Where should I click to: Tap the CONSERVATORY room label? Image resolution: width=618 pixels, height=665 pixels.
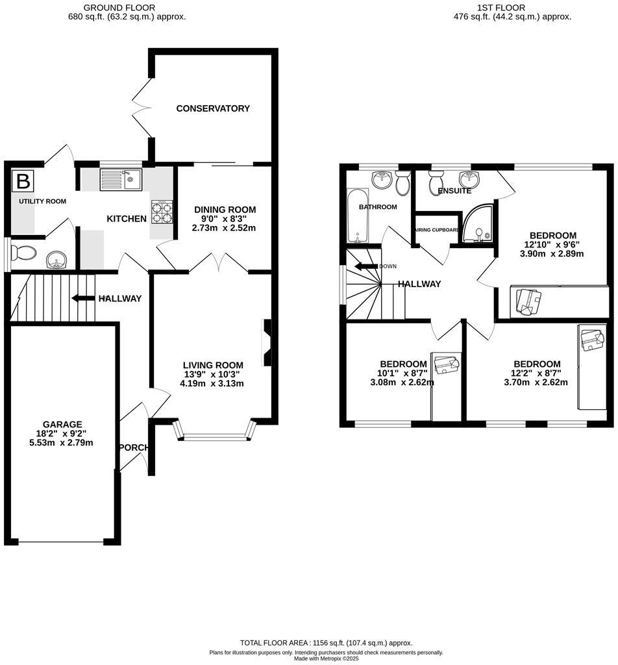coord(213,108)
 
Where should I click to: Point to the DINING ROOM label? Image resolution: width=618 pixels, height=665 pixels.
coord(225,210)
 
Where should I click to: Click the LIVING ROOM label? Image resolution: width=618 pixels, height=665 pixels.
coord(213,365)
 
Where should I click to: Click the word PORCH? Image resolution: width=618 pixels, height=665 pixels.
coord(134,447)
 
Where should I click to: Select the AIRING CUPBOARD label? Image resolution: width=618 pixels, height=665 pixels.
coord(437,230)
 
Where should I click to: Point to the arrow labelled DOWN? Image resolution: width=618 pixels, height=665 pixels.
coord(365,266)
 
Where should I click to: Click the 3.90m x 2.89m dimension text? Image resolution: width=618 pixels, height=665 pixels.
coord(552,254)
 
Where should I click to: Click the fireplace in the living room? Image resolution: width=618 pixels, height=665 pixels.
coord(267,342)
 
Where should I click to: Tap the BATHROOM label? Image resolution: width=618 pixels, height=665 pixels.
coord(378,207)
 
